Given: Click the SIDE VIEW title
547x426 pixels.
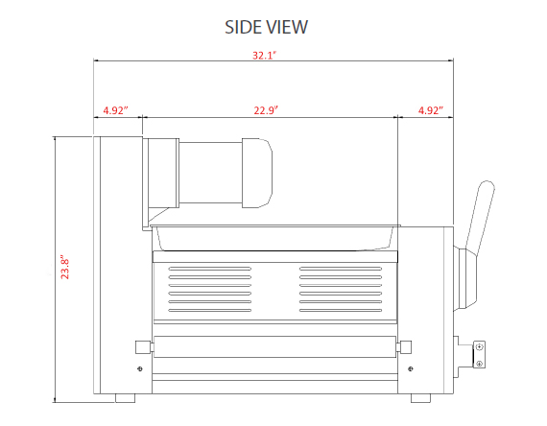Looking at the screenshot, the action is [266, 27].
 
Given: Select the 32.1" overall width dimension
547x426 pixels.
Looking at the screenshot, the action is [264, 56].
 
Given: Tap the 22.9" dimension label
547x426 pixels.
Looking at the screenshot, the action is [266, 110].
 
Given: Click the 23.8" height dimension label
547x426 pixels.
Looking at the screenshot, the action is [65, 269].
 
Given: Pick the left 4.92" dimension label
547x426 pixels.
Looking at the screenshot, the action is [116, 110].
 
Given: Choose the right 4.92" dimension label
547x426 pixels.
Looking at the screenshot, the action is [431, 110].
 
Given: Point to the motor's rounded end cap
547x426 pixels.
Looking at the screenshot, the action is [257, 173].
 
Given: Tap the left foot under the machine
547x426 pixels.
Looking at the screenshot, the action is [125, 398].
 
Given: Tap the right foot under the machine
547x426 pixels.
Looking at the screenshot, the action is [420, 398].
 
